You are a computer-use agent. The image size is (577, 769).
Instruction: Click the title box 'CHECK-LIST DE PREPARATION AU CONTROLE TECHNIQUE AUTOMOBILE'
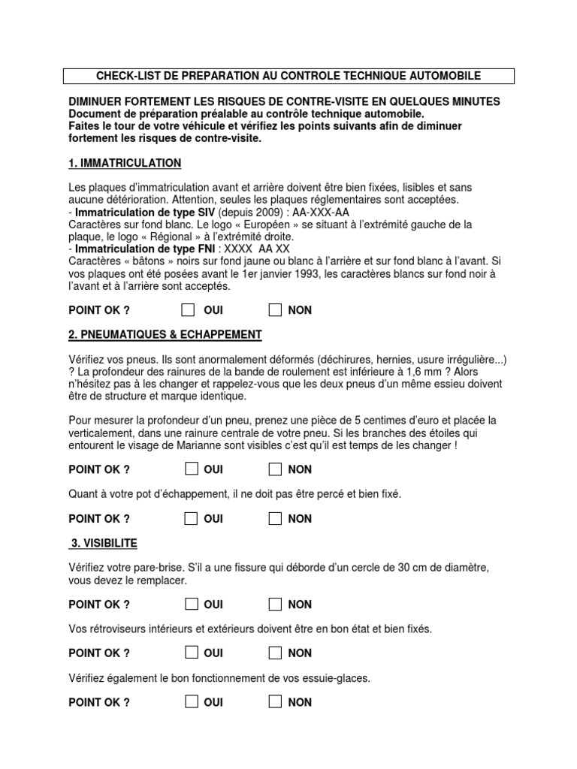pyautogui.click(x=288, y=76)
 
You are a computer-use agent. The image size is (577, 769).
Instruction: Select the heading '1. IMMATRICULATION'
pyautogui.click(x=125, y=163)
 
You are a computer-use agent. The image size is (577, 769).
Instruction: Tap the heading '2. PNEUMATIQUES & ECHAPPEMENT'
pyautogui.click(x=165, y=334)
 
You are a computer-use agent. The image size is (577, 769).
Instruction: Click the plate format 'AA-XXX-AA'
pyautogui.click(x=331, y=213)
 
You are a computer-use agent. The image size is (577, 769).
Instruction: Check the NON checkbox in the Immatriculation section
pyautogui.click(x=276, y=309)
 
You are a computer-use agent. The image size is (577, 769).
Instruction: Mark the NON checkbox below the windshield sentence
pyautogui.click(x=276, y=604)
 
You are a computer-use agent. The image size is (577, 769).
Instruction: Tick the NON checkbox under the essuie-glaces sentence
pyautogui.click(x=276, y=702)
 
